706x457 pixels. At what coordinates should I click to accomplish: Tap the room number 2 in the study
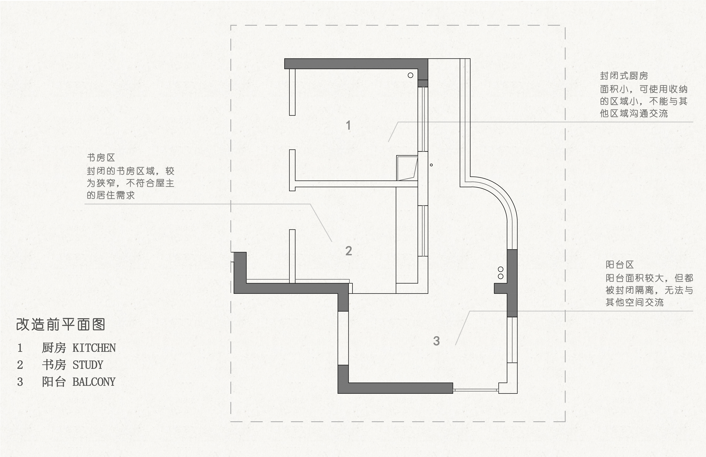349,251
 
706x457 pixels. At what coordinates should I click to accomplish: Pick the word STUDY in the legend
88,365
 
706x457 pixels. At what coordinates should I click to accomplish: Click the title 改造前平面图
61,324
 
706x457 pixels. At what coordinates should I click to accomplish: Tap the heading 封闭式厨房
624,76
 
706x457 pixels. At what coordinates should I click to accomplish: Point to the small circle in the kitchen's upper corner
411,75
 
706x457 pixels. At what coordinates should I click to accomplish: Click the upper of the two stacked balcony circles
501,269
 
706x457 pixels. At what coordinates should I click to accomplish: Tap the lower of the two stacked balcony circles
501,276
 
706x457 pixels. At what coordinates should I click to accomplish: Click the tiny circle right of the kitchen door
431,165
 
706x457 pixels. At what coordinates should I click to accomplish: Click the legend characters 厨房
54,348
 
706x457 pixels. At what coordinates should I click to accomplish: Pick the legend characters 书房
54,365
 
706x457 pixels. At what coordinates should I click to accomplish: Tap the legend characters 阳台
54,382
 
